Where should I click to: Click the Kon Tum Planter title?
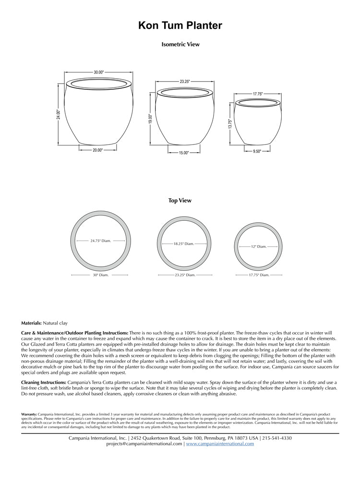[180, 26]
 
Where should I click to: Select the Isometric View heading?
[180, 44]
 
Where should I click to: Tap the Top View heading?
[180, 201]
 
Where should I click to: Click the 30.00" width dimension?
[98, 72]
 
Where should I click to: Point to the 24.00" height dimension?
[58, 114]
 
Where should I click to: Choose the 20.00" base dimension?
[98, 150]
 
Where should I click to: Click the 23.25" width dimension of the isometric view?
[185, 82]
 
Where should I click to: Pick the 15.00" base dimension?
[184, 153]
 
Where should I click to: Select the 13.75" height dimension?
[230, 124]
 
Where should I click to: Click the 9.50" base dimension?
[257, 152]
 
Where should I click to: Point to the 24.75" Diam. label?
[101, 241]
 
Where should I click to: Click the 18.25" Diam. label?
[184, 244]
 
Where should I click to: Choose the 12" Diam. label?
[259, 247]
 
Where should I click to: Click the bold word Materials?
[32, 324]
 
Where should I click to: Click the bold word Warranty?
[29, 414]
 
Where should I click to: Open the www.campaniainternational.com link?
[220, 444]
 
